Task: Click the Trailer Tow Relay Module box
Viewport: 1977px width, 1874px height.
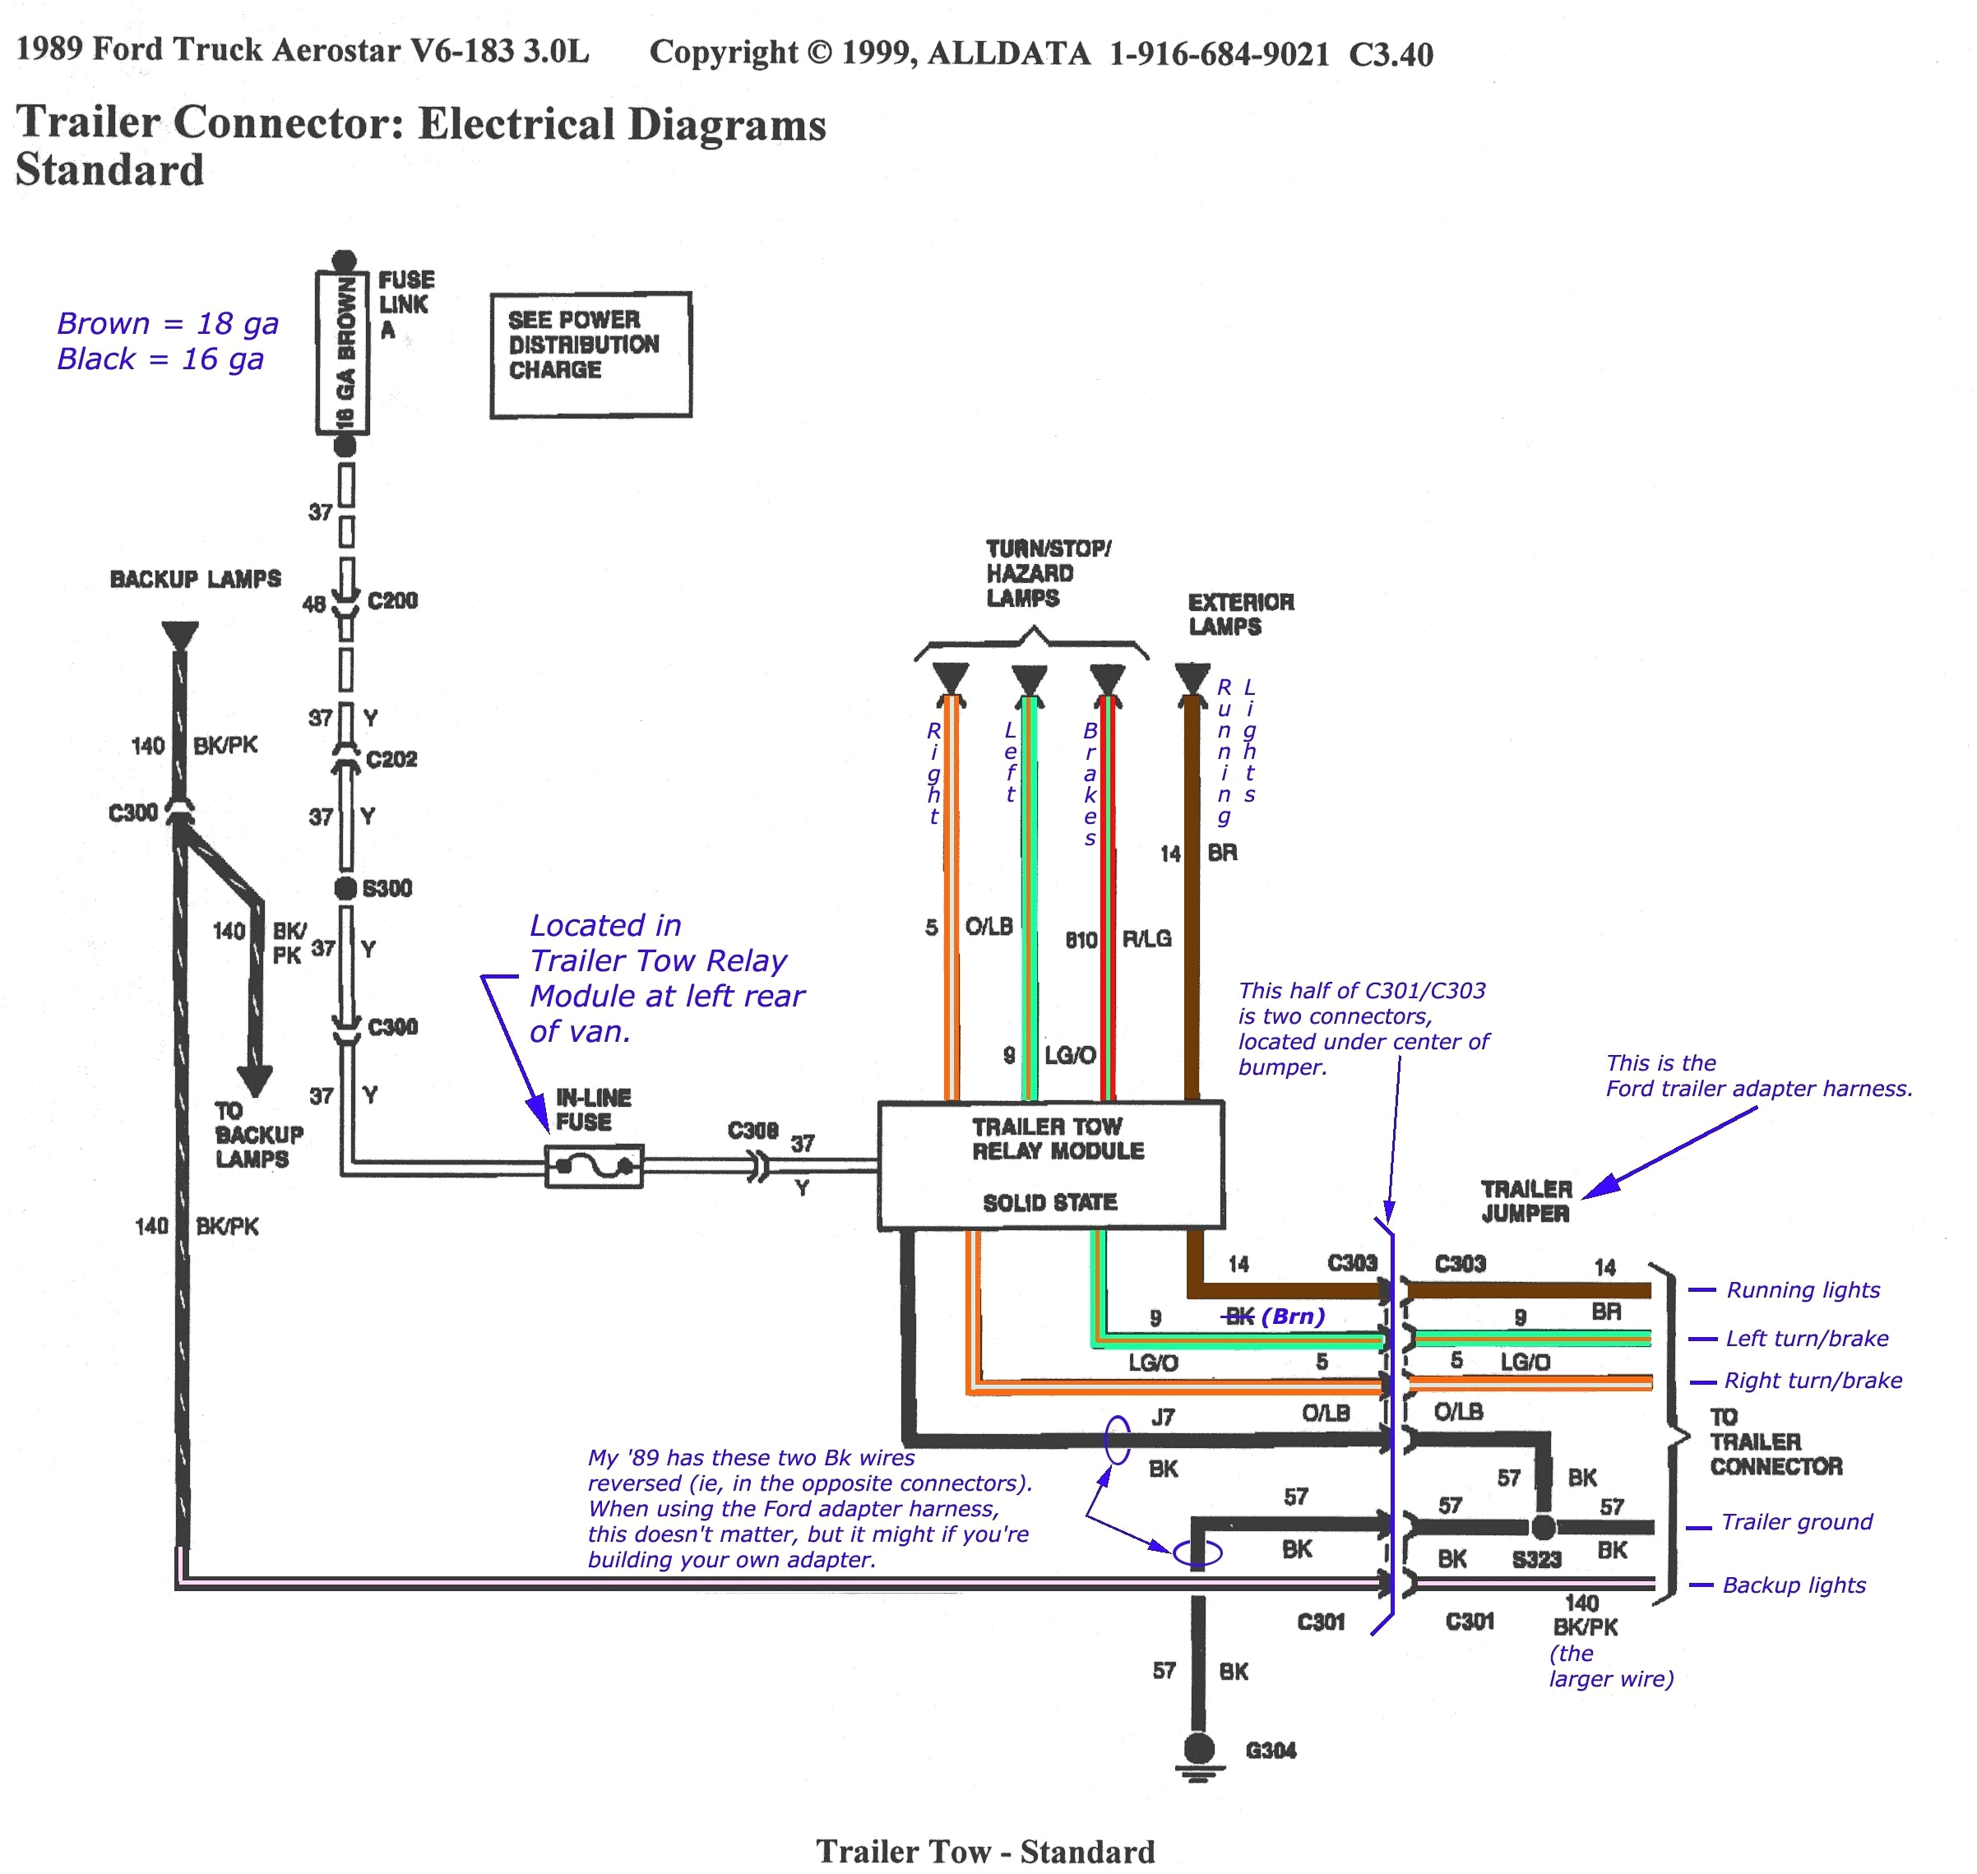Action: pos(1050,1164)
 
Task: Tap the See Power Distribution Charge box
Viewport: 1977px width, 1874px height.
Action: pos(590,354)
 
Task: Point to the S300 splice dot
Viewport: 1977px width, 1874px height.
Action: pos(345,888)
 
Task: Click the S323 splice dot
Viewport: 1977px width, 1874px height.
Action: pos(1543,1527)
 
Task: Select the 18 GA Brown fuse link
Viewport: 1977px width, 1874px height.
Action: pos(344,354)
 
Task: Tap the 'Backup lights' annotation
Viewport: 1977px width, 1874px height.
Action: pos(1793,1585)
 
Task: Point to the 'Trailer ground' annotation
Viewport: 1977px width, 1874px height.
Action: pos(1796,1522)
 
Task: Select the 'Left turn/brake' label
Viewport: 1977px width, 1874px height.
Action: pos(1806,1339)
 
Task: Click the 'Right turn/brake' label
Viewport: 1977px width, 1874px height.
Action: pos(1813,1381)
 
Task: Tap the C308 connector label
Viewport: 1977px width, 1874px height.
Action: pos(752,1131)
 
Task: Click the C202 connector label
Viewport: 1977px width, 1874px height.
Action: pos(391,759)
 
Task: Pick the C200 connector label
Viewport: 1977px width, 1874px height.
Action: pos(391,600)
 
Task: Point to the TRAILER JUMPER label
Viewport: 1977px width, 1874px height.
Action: pos(1526,1201)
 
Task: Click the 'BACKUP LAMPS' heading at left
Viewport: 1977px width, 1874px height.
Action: pos(195,580)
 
